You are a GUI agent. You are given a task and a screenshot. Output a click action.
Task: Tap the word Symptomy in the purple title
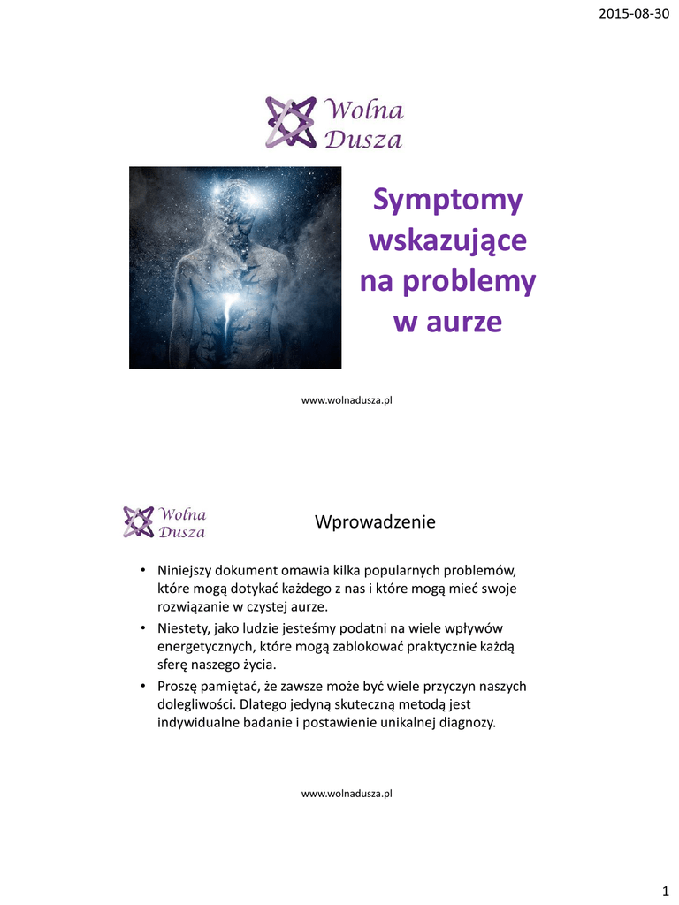click(x=447, y=201)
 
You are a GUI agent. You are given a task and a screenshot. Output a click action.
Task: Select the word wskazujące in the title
click(x=447, y=240)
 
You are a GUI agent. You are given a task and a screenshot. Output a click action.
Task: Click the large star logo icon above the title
click(x=290, y=122)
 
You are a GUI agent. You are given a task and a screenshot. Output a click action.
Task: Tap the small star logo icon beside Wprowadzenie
click(x=138, y=521)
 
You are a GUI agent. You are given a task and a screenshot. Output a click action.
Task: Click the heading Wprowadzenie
click(x=375, y=522)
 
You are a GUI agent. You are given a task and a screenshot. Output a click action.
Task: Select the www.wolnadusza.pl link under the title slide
click(x=347, y=400)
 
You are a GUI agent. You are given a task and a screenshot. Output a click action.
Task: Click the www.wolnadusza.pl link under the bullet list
click(x=347, y=794)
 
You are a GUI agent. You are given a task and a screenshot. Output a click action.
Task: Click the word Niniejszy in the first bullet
click(x=187, y=569)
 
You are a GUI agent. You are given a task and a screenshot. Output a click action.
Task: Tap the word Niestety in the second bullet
click(x=181, y=627)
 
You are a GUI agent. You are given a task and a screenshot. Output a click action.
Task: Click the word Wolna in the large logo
click(x=365, y=111)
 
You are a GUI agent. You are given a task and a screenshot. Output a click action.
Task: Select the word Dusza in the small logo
click(x=181, y=532)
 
